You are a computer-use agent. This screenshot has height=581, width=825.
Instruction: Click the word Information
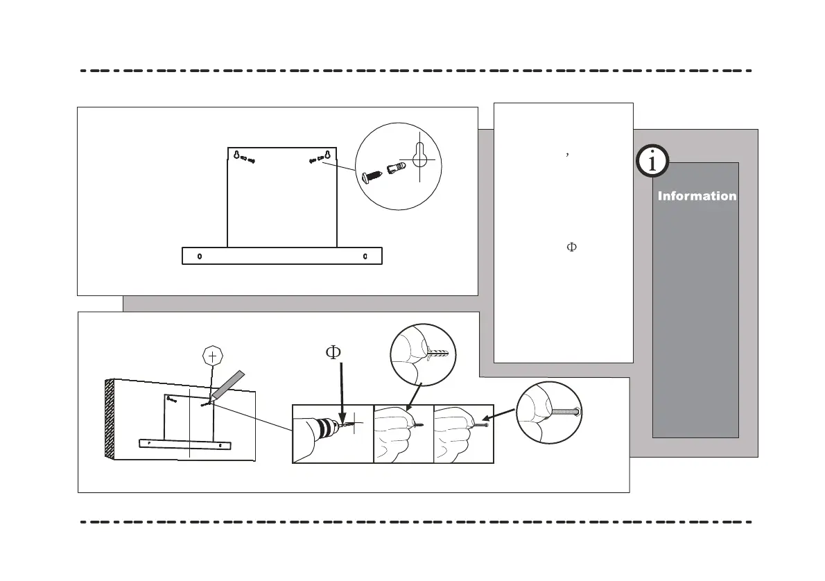697,196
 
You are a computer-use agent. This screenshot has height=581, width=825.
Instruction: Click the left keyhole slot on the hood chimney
237,155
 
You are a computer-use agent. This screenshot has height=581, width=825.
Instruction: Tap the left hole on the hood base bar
200,256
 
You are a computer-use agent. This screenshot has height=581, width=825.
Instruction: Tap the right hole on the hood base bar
365,256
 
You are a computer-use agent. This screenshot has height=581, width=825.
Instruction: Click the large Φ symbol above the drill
333,353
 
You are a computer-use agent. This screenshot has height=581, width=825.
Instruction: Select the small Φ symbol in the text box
572,248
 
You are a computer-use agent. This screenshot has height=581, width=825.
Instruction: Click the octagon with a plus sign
212,356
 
